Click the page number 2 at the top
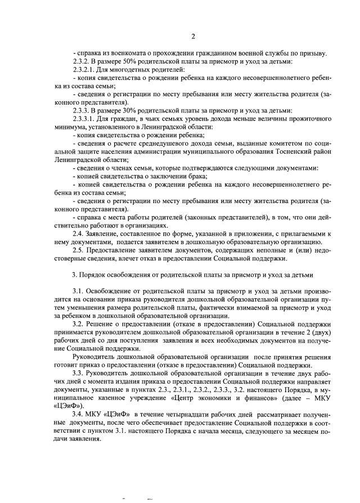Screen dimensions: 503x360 (193, 37)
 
